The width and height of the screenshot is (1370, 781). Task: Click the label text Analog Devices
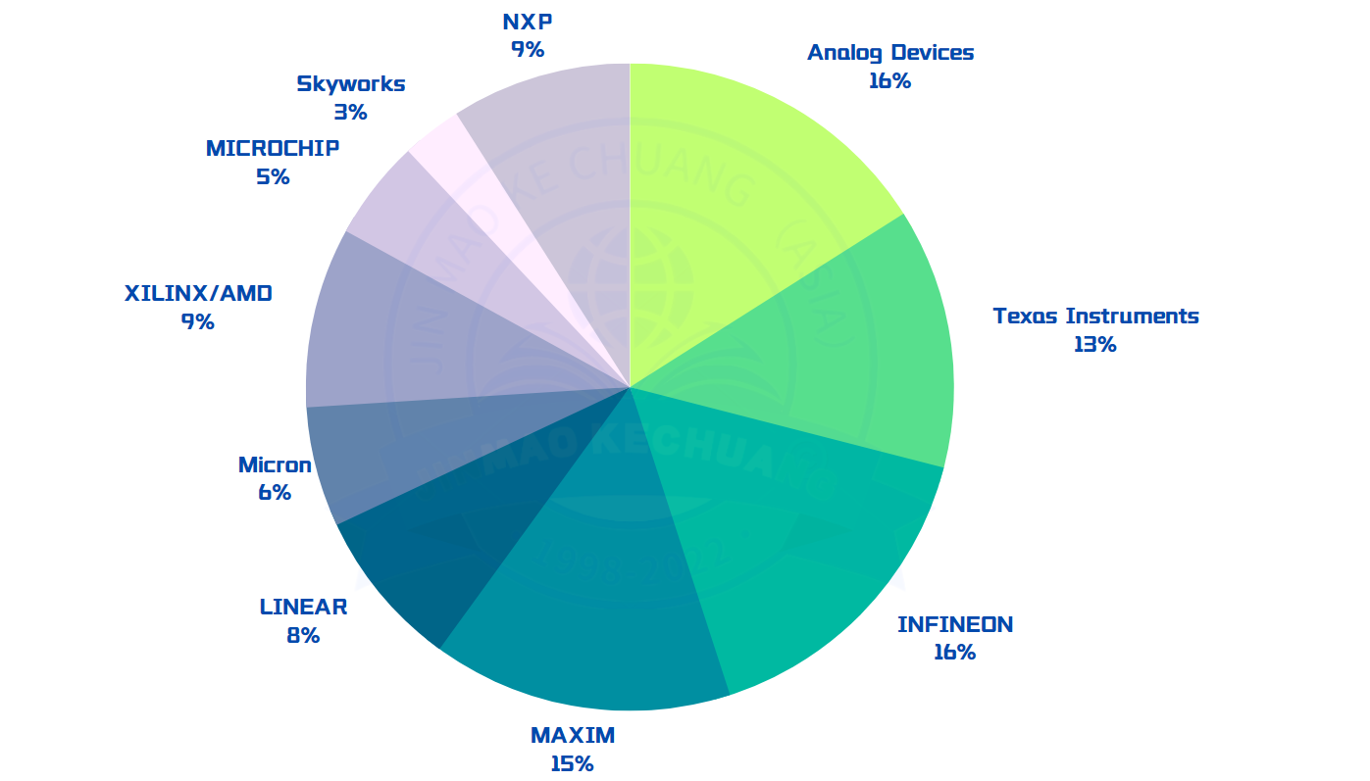[x=890, y=53]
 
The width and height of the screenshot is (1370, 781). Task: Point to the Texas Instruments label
[x=1095, y=317]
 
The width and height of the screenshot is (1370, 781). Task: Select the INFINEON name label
[x=955, y=624]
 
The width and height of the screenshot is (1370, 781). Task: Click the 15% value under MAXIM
[x=572, y=763]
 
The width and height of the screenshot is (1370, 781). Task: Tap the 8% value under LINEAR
[x=303, y=635]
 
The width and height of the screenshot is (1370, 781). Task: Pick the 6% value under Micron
[x=275, y=493]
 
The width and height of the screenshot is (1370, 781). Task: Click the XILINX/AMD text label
[x=198, y=293]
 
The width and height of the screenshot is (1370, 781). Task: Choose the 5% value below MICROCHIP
[x=273, y=177]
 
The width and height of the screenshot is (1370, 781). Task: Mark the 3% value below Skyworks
[x=350, y=112]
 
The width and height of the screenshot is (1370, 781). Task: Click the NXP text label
[x=527, y=22]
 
